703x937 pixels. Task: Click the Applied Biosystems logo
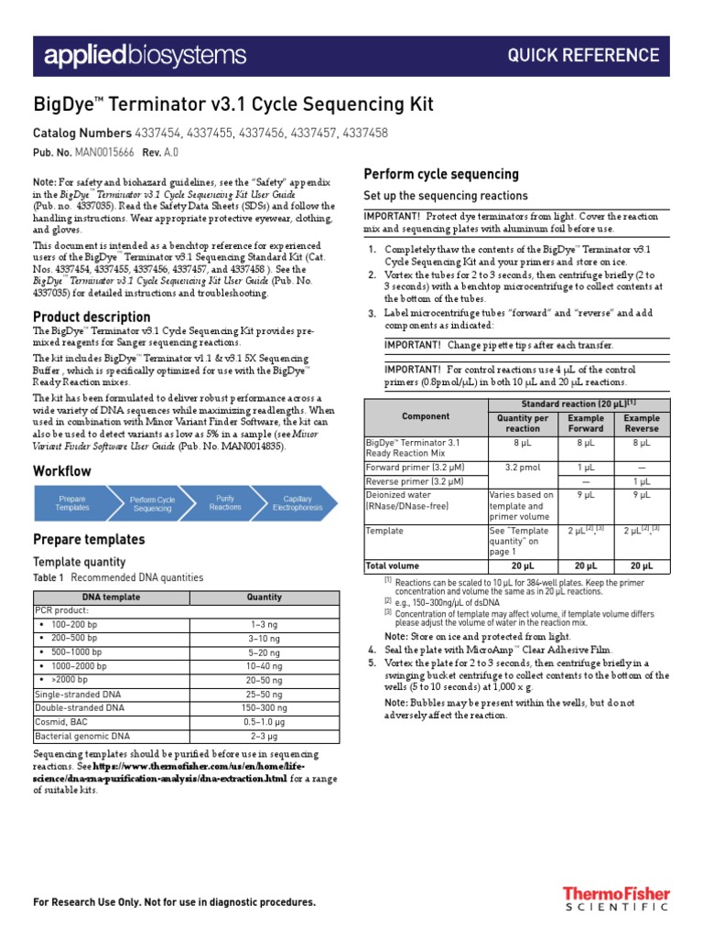[x=146, y=56]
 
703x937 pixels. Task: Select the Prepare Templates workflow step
[x=73, y=503]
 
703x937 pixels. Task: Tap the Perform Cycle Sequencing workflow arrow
[x=152, y=503]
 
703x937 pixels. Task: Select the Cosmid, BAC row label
[x=65, y=722]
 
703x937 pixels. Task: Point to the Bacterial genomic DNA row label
[x=82, y=736]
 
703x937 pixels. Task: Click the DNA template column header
[x=112, y=598]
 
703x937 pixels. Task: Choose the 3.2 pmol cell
[x=523, y=466]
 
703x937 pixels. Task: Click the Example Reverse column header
[x=642, y=423]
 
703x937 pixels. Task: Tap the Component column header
[x=426, y=416]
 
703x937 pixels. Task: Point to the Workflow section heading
[x=62, y=471]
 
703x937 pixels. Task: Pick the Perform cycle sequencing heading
[x=441, y=174]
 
